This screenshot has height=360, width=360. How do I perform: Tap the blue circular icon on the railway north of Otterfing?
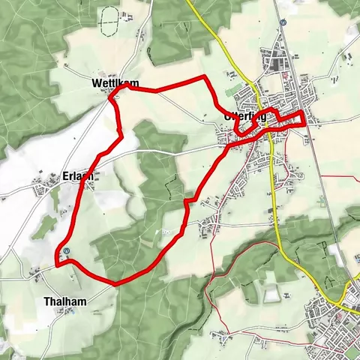(x=283, y=23)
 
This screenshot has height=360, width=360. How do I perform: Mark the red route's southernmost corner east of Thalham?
(x=115, y=283)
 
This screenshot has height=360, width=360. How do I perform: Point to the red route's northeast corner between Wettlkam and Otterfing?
(x=205, y=77)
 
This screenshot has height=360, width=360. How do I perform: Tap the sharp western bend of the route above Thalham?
(x=57, y=264)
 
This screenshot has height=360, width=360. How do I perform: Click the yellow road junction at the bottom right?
(x=346, y=296)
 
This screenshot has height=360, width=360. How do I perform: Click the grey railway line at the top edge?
(x=274, y=4)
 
